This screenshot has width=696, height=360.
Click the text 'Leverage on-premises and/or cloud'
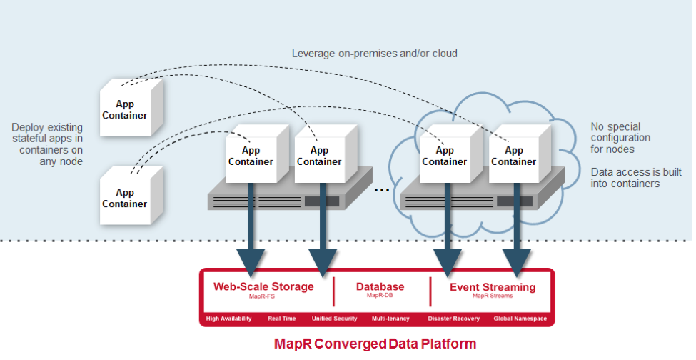[374, 54]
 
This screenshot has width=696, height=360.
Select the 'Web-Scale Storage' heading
[263, 286]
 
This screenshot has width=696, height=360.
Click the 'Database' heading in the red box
[380, 286]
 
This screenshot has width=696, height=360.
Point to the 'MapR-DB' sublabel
[380, 296]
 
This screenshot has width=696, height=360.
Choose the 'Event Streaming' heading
[492, 287]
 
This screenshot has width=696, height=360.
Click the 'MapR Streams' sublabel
[492, 296]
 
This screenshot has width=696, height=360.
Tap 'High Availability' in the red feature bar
[228, 319]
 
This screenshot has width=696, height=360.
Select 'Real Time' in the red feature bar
[281, 319]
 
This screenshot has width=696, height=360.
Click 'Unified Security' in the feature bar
[334, 319]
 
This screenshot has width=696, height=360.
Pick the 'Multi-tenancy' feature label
[389, 319]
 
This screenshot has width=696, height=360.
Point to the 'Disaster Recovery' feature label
[453, 319]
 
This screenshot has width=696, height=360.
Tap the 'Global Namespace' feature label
[520, 319]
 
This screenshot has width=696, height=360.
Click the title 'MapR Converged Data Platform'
[375, 344]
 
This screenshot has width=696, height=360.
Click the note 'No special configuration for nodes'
[620, 137]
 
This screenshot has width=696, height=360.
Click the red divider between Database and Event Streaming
[430, 291]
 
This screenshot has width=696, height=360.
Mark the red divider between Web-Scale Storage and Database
[333, 291]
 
